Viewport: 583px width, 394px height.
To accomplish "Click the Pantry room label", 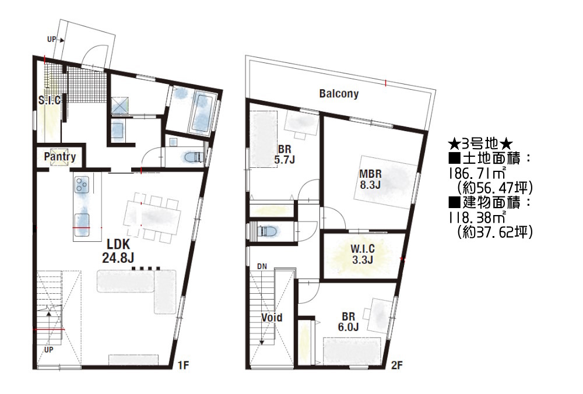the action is coord(60,156).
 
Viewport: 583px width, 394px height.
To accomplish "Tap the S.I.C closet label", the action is coord(50,100).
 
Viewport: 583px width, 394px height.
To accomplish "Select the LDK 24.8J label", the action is coord(118,251).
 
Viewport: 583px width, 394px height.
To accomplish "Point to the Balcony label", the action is coord(339,93).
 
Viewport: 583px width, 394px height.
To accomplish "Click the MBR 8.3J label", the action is coord(370,179).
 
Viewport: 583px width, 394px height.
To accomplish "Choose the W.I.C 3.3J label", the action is coord(363,254).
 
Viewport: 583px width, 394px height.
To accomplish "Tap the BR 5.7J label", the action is coord(285,154).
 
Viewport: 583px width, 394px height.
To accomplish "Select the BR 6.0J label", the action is coord(349,322).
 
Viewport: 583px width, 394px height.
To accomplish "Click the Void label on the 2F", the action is coord(272,318).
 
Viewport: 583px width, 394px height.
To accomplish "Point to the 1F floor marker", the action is coord(183,365).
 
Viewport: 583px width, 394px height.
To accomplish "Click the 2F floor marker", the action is coord(396,365).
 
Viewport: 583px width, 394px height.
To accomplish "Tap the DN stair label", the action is coord(262,266).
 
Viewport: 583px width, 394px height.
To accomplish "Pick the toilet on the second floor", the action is coord(268,231).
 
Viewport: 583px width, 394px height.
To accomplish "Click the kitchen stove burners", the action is coord(82,185).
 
